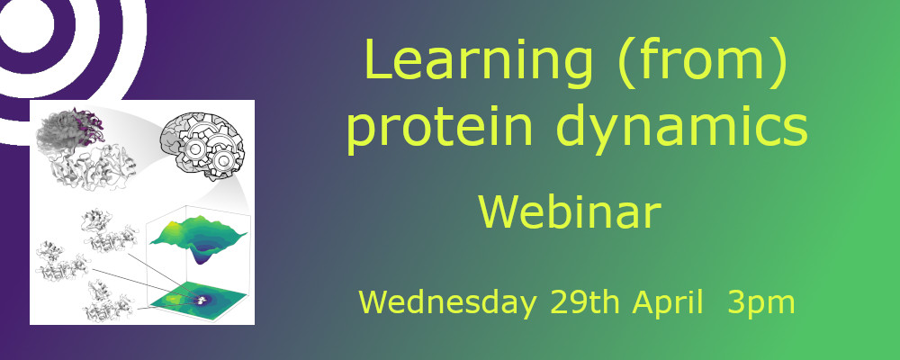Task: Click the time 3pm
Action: tap(761, 301)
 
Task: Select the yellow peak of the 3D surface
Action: tap(167, 230)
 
